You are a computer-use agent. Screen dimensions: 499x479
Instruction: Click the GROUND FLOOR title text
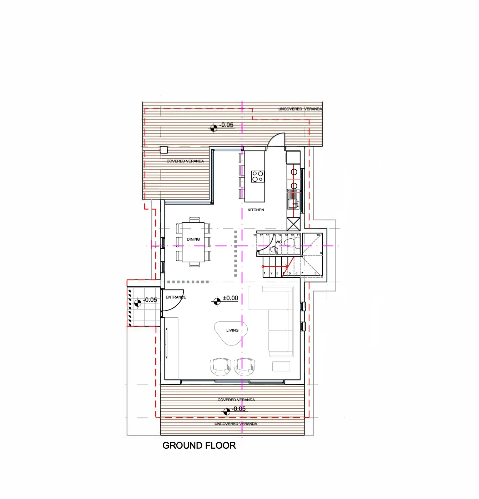199,445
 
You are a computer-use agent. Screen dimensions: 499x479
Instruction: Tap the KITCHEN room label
256,210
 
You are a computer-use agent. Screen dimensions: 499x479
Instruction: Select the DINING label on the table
193,239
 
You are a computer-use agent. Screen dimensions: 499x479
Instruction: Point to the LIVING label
232,330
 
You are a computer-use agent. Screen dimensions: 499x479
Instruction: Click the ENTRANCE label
176,297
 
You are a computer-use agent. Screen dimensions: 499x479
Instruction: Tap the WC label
278,242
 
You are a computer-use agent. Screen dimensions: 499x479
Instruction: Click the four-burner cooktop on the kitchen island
257,176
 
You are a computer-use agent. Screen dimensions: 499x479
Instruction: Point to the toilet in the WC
289,243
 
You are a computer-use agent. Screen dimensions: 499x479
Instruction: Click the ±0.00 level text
230,298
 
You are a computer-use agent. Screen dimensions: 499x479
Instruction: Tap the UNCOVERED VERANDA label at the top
300,109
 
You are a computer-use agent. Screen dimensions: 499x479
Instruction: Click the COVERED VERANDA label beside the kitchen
185,161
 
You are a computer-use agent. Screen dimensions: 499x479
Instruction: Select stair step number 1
264,273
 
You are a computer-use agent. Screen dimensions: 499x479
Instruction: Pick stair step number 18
255,235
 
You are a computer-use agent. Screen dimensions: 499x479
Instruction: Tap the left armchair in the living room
220,367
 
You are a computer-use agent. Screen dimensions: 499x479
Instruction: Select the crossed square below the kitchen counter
294,224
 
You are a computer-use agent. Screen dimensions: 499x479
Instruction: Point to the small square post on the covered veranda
164,150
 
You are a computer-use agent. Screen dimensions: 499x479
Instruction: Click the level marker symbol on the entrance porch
138,303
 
